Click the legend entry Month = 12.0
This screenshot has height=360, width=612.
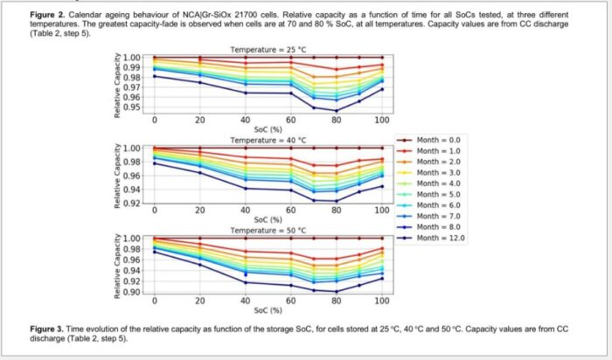(430, 238)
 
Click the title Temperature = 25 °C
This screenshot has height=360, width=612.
(268, 50)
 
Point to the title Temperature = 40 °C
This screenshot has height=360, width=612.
(268, 140)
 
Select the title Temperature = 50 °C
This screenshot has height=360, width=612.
(268, 231)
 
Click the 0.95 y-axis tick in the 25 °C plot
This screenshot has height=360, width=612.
(131, 107)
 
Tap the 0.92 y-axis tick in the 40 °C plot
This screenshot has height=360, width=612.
(131, 204)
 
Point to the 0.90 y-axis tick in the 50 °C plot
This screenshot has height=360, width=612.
(131, 292)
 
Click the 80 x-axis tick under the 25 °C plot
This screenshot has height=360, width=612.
(337, 120)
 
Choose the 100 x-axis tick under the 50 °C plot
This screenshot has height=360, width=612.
(382, 301)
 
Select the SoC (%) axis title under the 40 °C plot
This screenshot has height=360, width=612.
(268, 220)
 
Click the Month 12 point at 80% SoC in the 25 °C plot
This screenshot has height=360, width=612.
(337, 111)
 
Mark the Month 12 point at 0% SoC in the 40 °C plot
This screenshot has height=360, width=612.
(155, 163)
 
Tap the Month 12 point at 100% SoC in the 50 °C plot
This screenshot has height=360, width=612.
(382, 279)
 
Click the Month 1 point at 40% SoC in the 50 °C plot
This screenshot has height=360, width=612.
(246, 252)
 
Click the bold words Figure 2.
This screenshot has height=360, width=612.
(47, 15)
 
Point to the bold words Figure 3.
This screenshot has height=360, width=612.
(47, 329)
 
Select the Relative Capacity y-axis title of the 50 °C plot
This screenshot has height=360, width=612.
(117, 266)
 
